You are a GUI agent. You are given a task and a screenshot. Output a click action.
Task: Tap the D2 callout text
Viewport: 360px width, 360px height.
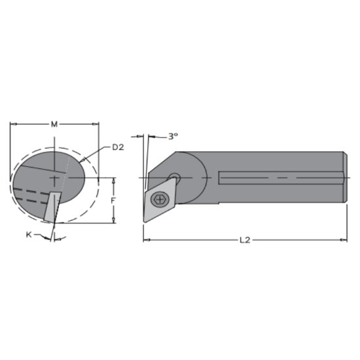click(x=118, y=147)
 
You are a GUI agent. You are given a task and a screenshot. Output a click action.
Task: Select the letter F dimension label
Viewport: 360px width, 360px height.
click(x=113, y=201)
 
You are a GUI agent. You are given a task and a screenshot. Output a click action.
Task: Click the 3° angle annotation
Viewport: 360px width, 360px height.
click(x=173, y=136)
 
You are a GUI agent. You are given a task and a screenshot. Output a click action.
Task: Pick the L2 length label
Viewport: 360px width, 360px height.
click(x=245, y=240)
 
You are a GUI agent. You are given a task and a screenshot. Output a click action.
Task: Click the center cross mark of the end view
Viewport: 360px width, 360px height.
click(x=55, y=177)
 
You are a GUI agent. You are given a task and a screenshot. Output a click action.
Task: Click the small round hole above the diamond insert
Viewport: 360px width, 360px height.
click(x=174, y=177)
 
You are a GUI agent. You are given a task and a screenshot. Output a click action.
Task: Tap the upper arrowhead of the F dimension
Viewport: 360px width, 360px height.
click(x=114, y=179)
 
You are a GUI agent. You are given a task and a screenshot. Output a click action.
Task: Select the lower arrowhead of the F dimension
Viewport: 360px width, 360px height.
click(x=114, y=221)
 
